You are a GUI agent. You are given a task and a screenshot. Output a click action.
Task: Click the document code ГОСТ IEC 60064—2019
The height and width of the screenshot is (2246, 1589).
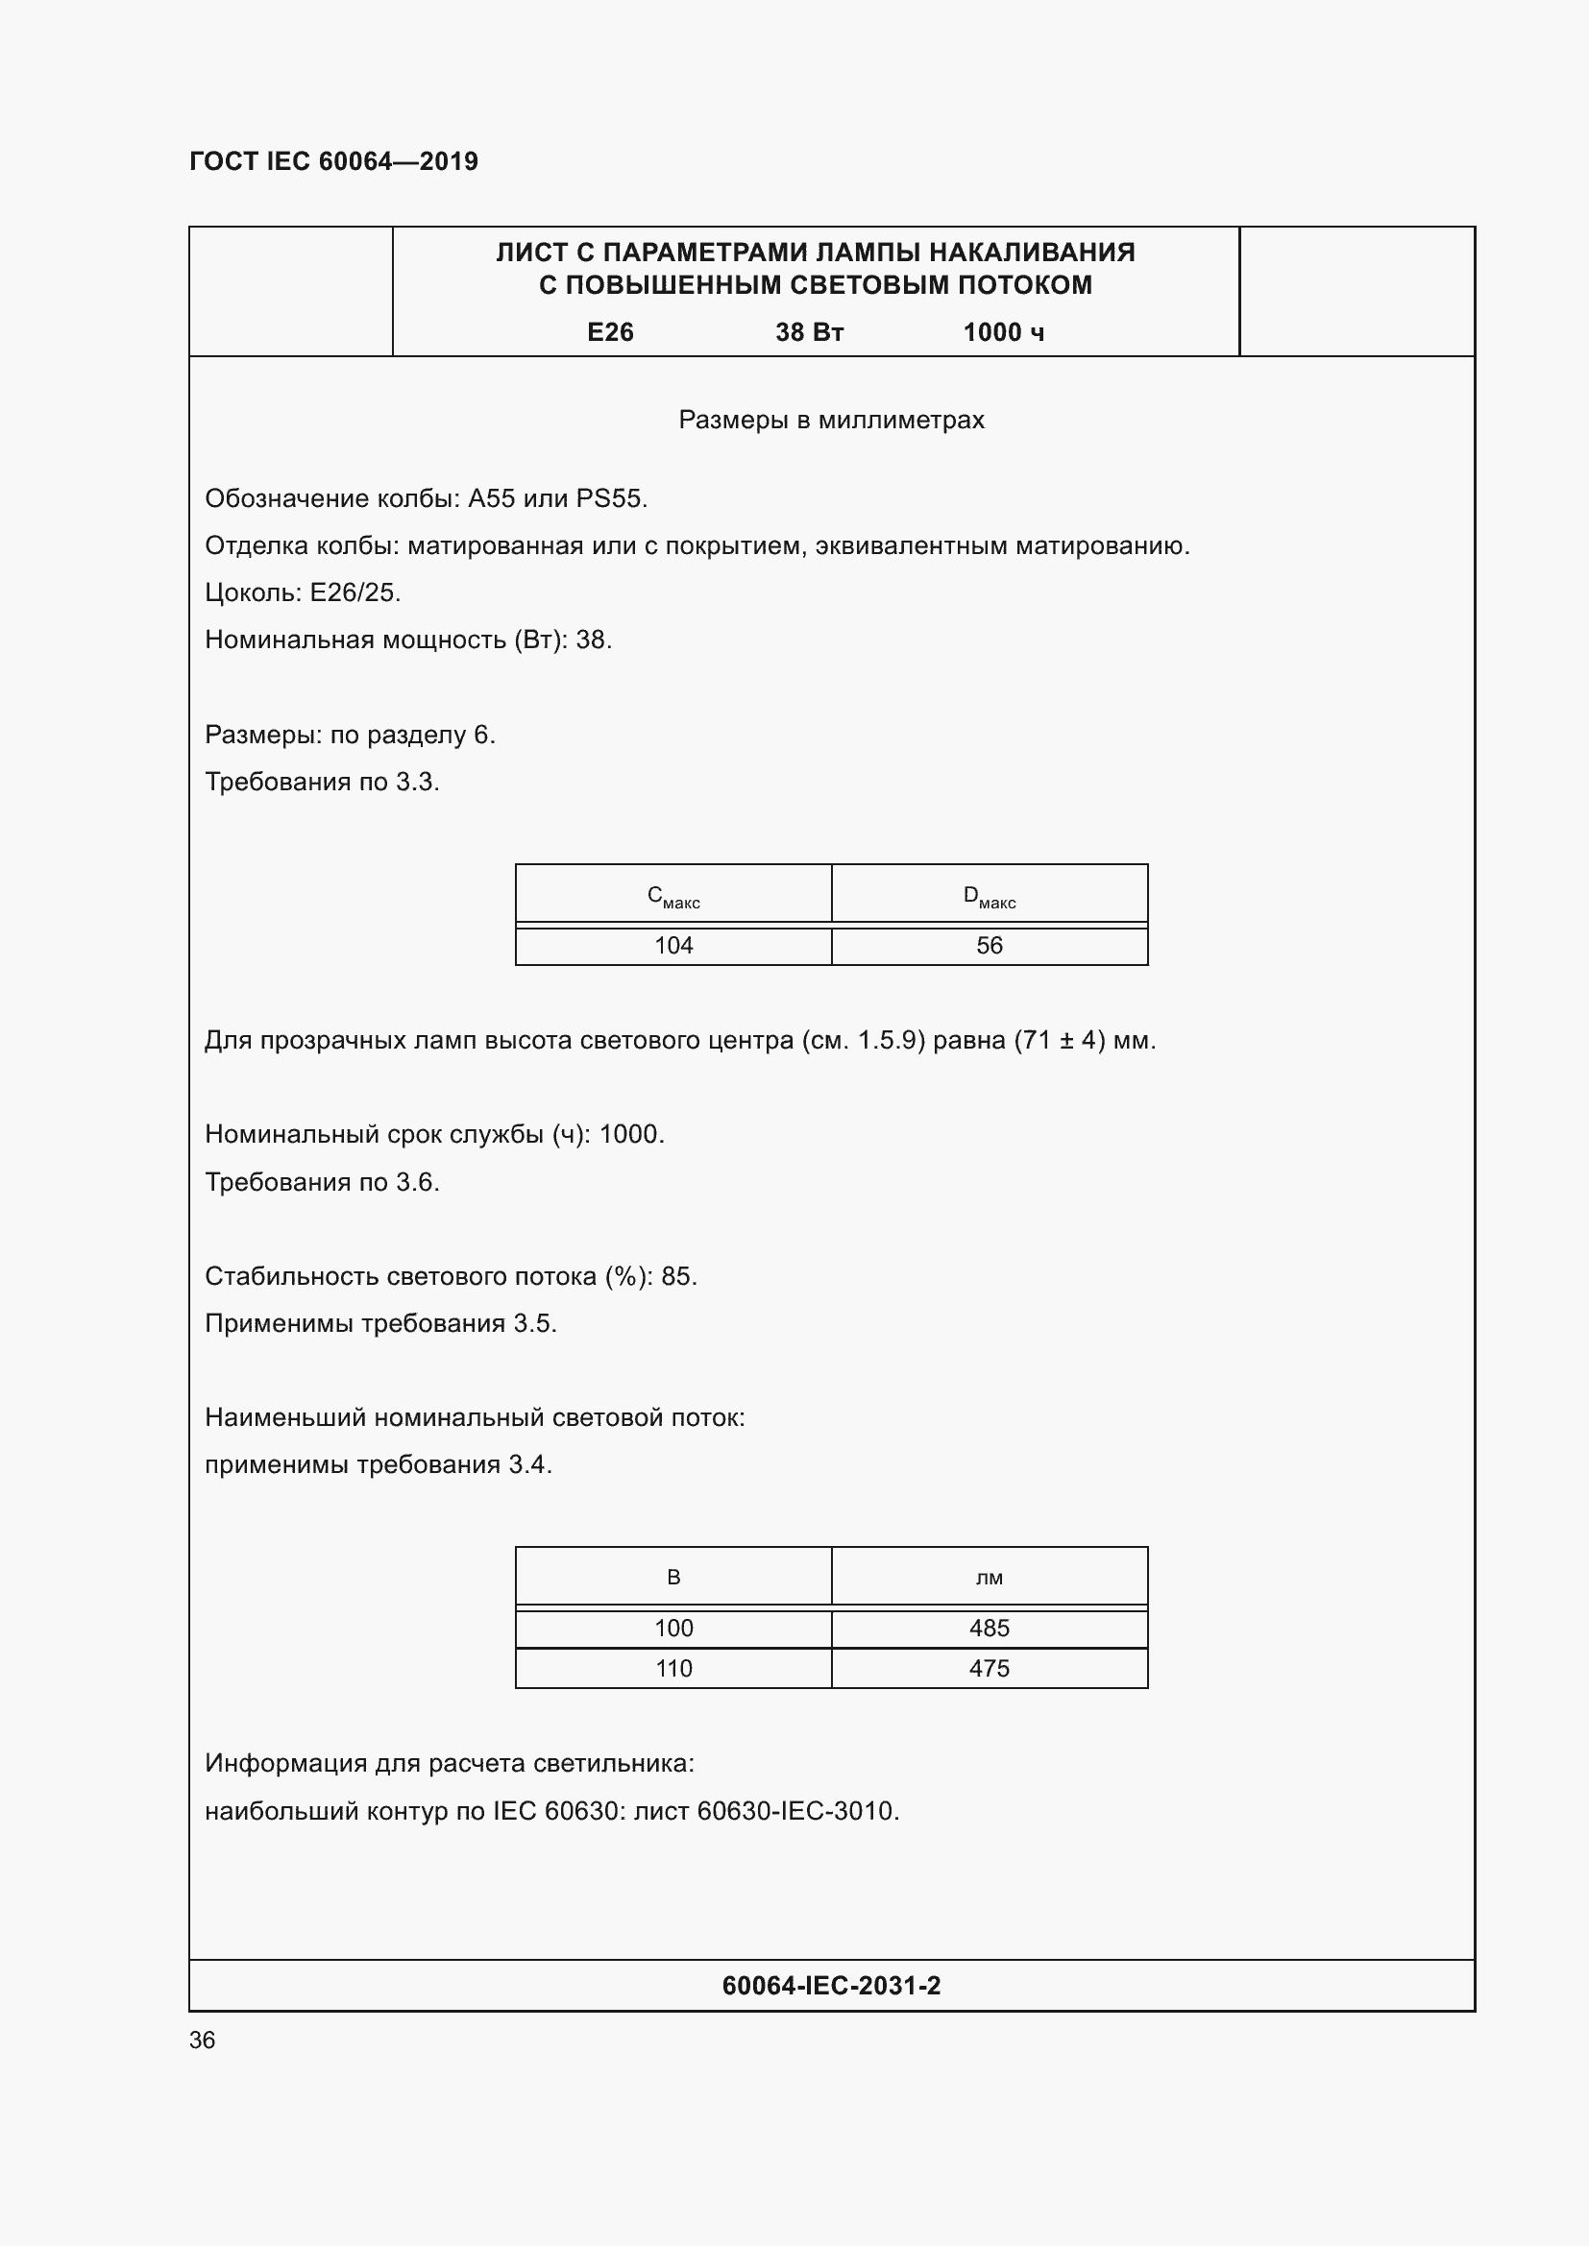(x=333, y=161)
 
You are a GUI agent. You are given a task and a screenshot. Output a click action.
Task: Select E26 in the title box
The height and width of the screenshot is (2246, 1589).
(x=610, y=332)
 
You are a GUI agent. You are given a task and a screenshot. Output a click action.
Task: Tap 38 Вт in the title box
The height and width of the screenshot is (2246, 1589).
(x=809, y=332)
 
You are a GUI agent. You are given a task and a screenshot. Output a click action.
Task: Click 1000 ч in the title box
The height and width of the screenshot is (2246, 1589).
(x=1003, y=332)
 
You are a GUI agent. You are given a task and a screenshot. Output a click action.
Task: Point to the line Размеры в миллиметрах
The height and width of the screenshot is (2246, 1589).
(x=831, y=420)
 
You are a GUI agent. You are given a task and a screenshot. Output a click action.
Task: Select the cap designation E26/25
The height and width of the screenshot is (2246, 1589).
(x=354, y=592)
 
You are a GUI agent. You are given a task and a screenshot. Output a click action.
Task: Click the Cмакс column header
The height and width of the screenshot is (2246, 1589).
(x=673, y=896)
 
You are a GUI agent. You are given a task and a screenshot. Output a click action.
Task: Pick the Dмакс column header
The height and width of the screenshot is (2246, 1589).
(x=990, y=896)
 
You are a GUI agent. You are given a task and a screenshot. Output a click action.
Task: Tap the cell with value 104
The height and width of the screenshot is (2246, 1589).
(x=673, y=946)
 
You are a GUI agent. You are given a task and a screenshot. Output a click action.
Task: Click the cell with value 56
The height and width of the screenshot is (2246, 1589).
(x=990, y=946)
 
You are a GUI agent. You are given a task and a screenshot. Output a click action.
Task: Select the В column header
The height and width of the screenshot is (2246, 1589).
(x=673, y=1577)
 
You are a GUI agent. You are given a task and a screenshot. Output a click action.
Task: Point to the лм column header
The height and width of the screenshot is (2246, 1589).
(x=990, y=1577)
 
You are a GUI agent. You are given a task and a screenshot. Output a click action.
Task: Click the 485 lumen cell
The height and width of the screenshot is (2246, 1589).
(x=990, y=1628)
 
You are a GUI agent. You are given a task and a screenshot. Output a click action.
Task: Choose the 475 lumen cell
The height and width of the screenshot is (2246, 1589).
(x=990, y=1668)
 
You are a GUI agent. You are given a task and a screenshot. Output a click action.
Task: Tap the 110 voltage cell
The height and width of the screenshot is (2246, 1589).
(x=673, y=1668)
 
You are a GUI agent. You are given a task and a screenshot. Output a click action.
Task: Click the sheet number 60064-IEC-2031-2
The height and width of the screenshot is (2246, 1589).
(x=831, y=1986)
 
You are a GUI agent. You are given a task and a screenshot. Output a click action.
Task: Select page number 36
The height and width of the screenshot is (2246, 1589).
(x=202, y=2041)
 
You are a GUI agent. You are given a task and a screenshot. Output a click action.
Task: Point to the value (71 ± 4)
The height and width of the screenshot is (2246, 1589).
(x=1059, y=1040)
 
